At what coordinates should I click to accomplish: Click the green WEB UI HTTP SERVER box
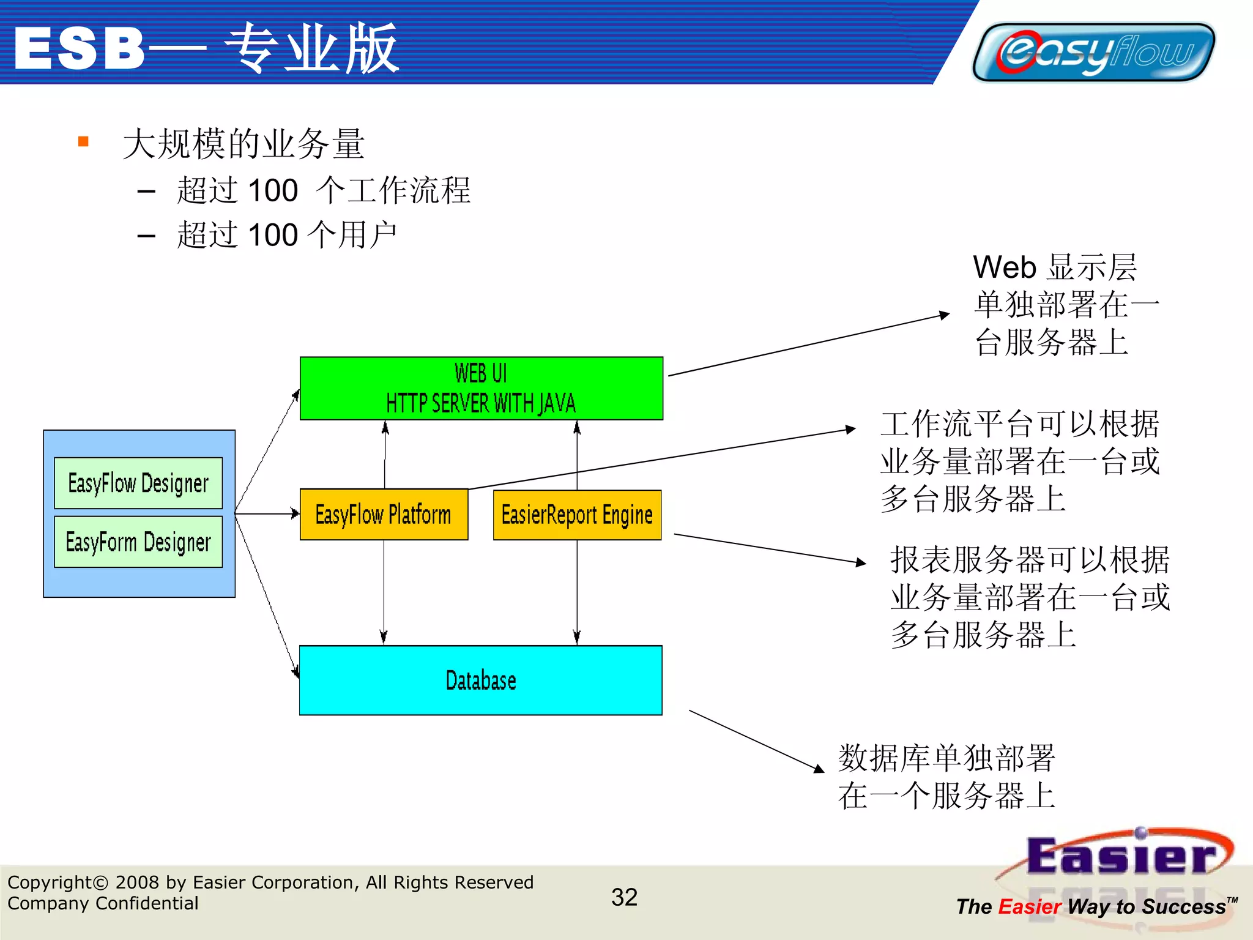coord(481,388)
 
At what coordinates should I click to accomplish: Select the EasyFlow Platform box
coord(384,514)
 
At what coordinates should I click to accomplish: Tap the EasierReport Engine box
coord(577,515)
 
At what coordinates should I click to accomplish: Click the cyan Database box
coord(480,680)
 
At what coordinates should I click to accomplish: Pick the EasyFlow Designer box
coord(138,483)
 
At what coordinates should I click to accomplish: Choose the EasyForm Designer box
coord(138,542)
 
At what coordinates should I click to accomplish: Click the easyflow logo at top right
coord(1093,52)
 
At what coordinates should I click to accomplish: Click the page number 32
coord(624,897)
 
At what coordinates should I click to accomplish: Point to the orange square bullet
coord(84,142)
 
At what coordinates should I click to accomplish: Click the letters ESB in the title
coord(80,49)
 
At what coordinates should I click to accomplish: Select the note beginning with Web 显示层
coord(1065,304)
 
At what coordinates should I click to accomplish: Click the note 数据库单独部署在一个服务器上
coord(946,777)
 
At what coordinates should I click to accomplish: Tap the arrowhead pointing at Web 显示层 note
coord(944,315)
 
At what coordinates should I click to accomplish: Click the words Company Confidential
coord(103,903)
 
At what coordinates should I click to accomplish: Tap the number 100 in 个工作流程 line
coord(273,190)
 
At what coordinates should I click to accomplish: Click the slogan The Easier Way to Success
coord(1092,906)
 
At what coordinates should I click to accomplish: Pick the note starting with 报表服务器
coord(1030,597)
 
